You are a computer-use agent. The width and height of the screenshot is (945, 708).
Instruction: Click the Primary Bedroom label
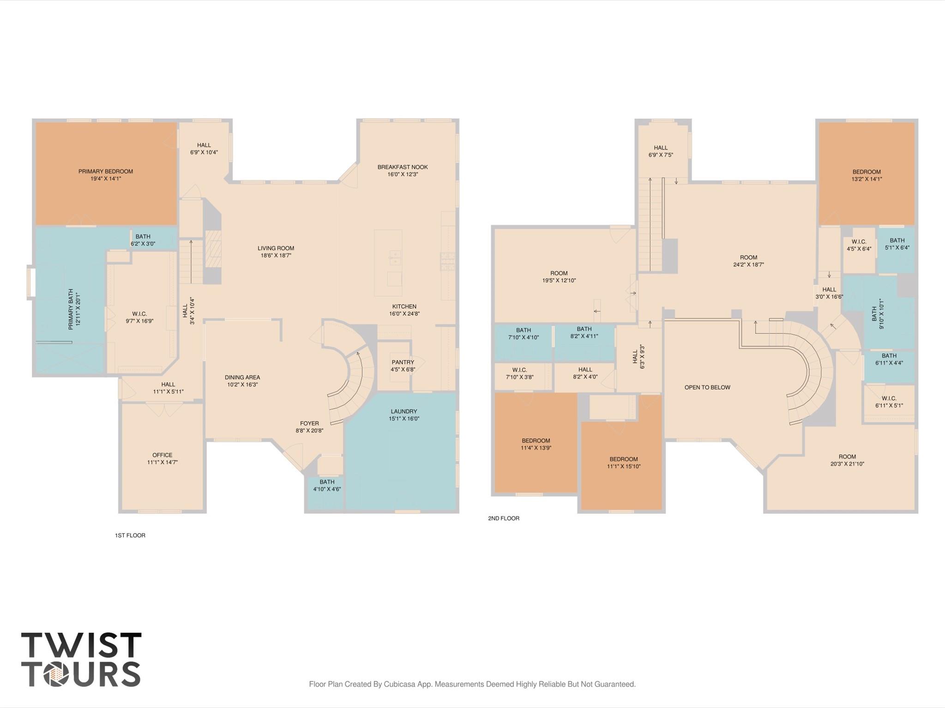[x=106, y=171]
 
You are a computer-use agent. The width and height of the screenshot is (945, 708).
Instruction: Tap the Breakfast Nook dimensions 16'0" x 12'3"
[x=403, y=174]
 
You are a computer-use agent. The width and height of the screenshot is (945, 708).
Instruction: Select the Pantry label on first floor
[x=403, y=362]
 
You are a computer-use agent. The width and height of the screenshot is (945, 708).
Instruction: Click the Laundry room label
[x=403, y=411]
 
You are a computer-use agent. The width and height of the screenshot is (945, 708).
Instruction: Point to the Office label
[x=162, y=455]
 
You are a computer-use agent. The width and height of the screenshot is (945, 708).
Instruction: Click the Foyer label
[x=309, y=423]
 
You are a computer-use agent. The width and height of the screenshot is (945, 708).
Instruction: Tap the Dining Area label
[x=242, y=377]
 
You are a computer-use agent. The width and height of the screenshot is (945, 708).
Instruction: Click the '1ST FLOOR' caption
[x=130, y=535]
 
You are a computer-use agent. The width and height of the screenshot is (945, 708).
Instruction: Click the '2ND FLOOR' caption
[x=503, y=518]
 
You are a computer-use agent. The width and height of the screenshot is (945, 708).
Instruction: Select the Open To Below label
[x=707, y=387]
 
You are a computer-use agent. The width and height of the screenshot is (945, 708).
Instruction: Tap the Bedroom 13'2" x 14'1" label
[x=867, y=175]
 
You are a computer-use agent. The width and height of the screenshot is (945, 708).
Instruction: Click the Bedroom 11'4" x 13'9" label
[x=536, y=444]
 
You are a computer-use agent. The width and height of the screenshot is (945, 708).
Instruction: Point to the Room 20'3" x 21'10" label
[x=847, y=460]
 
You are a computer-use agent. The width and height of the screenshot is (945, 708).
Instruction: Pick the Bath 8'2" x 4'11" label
[x=584, y=333]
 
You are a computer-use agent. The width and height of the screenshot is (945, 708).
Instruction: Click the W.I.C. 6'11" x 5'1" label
[x=889, y=402]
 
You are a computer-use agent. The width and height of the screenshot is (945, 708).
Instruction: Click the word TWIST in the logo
[x=81, y=645]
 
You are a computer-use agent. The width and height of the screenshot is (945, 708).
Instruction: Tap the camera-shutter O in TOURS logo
[x=56, y=674]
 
